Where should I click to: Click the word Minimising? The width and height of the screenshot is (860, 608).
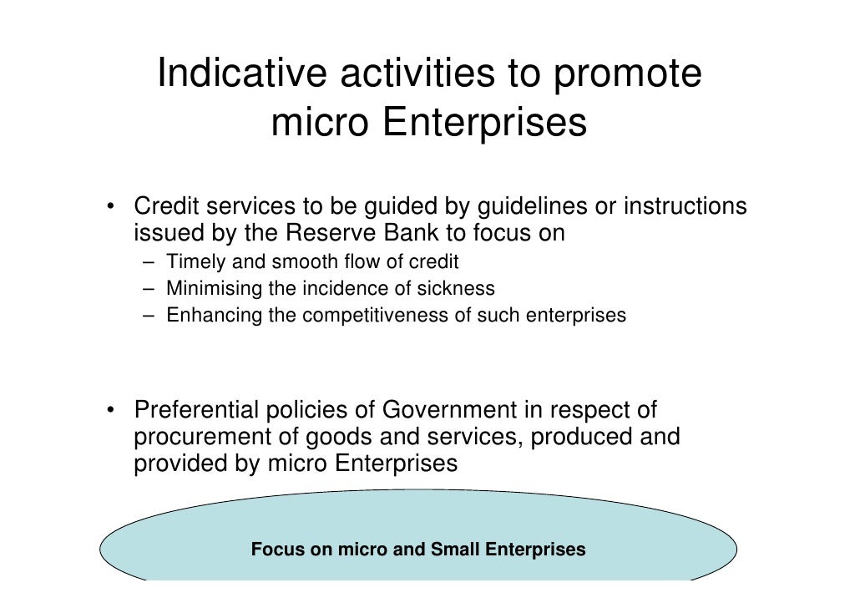pyautogui.click(x=214, y=289)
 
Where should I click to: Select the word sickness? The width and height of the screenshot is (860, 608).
pyautogui.click(x=460, y=289)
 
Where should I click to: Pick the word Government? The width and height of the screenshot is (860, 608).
pyautogui.click(x=449, y=411)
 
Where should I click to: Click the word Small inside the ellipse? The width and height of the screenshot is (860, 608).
pyautogui.click(x=456, y=550)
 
